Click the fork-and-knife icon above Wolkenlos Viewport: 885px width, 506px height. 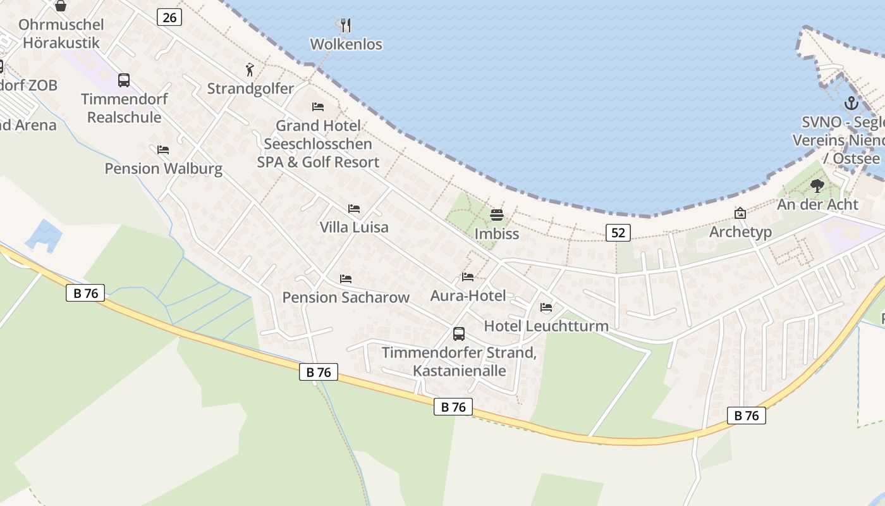(x=345, y=25)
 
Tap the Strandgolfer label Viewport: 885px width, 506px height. (x=250, y=89)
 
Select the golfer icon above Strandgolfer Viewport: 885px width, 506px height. (x=250, y=70)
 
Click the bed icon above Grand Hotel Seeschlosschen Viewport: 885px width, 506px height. (x=318, y=107)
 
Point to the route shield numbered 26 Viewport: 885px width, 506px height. (x=169, y=17)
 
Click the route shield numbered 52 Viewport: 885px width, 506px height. (x=618, y=233)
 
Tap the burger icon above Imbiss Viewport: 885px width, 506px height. (x=496, y=215)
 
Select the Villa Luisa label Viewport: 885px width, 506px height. (x=354, y=227)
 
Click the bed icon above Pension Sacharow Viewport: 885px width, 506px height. (x=346, y=278)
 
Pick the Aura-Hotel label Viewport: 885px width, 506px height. (x=468, y=295)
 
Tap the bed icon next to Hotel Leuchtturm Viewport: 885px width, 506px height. (x=546, y=307)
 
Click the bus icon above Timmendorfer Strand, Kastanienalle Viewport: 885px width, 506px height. (x=459, y=333)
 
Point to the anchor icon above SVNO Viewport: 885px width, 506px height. (x=851, y=103)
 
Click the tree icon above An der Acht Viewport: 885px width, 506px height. (x=817, y=186)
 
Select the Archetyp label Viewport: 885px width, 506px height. (x=740, y=231)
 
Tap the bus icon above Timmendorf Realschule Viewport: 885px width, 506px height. (x=124, y=80)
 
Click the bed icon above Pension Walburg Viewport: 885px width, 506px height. (x=163, y=150)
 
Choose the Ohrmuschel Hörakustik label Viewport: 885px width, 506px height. (x=61, y=34)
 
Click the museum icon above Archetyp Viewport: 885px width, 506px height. (x=740, y=213)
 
